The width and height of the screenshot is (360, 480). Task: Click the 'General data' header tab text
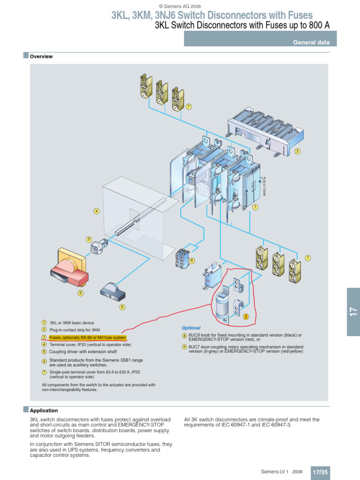[x=311, y=42]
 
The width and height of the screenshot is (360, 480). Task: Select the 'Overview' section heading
[x=41, y=57]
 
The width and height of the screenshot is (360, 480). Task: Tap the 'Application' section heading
[x=44, y=410]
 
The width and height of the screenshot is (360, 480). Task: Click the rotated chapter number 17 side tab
[x=353, y=311]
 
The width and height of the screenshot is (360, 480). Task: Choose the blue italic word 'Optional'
[x=191, y=328]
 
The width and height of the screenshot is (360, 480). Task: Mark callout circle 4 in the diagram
[x=97, y=211]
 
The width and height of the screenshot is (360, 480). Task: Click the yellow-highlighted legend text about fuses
[x=88, y=337]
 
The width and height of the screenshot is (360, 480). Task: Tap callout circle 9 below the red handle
[x=80, y=293]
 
